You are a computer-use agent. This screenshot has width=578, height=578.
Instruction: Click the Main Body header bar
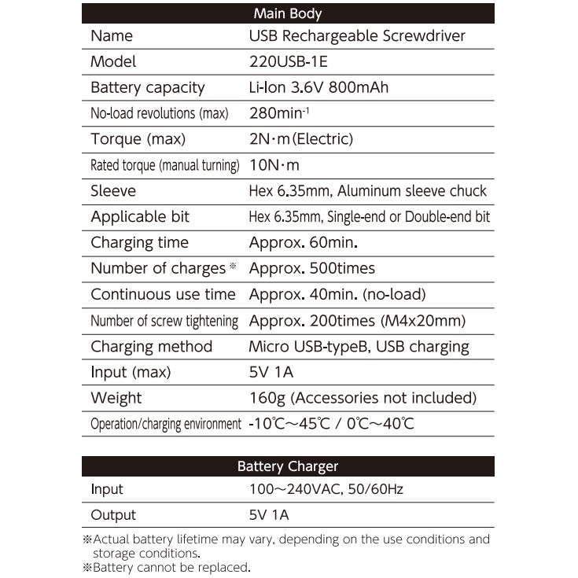pos(288,13)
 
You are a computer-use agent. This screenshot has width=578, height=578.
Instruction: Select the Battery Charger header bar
pos(288,466)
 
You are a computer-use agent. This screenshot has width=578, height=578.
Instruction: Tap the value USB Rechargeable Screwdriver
pos(357,35)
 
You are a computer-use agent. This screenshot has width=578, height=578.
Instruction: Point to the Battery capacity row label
pos(147,87)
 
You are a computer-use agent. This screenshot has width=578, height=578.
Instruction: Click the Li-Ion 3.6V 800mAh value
pos(318,87)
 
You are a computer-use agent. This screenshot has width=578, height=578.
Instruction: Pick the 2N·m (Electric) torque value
pos(300,139)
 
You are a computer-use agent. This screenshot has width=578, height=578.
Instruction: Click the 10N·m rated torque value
pos(274,165)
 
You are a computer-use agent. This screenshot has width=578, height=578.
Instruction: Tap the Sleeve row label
pos(113,191)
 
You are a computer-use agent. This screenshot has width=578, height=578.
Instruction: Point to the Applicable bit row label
pos(140,217)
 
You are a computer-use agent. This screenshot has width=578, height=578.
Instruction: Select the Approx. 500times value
pos(311,268)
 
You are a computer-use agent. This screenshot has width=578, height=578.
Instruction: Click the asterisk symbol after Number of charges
pos(233,267)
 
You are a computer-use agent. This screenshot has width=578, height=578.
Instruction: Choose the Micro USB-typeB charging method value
pos(359,346)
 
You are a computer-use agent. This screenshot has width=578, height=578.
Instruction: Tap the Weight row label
pos(116,398)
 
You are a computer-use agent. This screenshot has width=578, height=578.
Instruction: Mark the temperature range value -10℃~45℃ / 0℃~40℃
pos(330,424)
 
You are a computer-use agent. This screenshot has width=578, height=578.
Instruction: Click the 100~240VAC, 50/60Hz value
pos(326,489)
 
